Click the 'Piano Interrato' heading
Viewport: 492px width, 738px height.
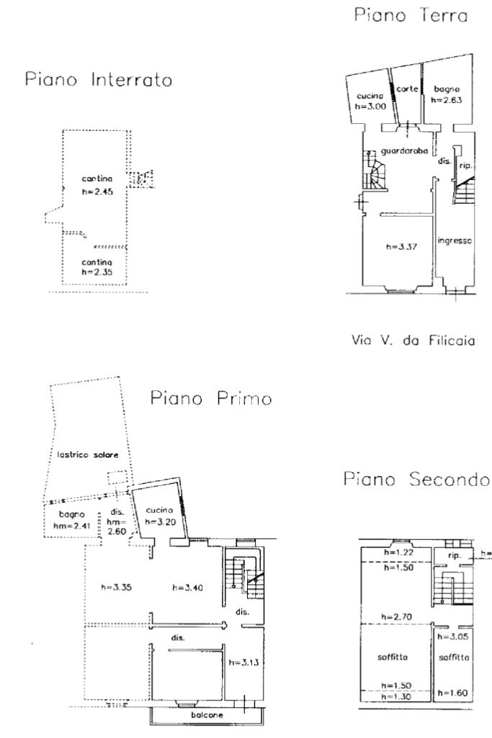pyautogui.click(x=99, y=79)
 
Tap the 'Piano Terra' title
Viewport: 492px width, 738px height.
pyautogui.click(x=411, y=15)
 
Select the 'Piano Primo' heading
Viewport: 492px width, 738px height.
pyautogui.click(x=211, y=398)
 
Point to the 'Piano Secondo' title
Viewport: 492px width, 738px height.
pyautogui.click(x=416, y=479)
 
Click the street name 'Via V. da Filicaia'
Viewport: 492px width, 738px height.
pyautogui.click(x=413, y=340)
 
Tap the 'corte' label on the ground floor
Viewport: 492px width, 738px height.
pyautogui.click(x=407, y=89)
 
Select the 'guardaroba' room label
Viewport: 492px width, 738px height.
pyautogui.click(x=404, y=151)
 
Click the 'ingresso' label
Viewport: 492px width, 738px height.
pyautogui.click(x=455, y=240)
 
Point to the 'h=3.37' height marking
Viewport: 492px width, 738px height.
pyautogui.click(x=401, y=247)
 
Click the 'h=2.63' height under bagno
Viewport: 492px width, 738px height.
pyautogui.click(x=447, y=100)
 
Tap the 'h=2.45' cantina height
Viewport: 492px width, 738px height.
pyautogui.click(x=97, y=192)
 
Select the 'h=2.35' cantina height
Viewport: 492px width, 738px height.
pyautogui.click(x=97, y=272)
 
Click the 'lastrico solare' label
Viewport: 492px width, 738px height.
pyautogui.click(x=88, y=454)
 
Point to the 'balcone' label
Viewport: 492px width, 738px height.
pyautogui.click(x=207, y=715)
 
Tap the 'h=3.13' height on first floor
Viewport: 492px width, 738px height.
pyautogui.click(x=244, y=662)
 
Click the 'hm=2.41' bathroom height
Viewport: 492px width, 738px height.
pyautogui.click(x=71, y=526)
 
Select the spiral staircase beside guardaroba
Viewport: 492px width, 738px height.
pyautogui.click(x=375, y=169)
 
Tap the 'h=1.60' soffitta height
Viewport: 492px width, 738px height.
pyautogui.click(x=453, y=693)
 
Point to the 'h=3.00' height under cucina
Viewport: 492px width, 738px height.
pyautogui.click(x=370, y=107)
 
